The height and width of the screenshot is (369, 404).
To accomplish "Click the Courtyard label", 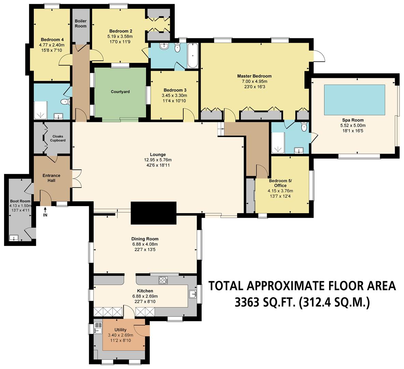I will tap(120, 92).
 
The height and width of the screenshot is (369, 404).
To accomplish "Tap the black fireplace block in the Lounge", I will tap(154, 213).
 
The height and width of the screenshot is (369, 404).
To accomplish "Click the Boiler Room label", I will tap(81, 24).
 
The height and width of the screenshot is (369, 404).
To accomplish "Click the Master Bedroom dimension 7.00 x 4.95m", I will tap(254, 81).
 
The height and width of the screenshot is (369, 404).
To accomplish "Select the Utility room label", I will tap(120, 330).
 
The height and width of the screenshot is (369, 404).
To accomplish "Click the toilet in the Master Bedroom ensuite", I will tap(304, 127).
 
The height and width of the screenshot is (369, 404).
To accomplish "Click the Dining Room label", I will tap(145, 239).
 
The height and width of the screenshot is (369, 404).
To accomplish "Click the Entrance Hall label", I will tap(51, 178).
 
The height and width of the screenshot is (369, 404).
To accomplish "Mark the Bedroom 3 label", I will tap(174, 90).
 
